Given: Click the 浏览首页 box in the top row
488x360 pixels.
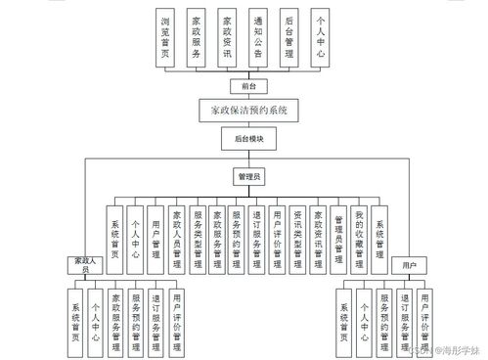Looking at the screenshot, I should click(166, 38).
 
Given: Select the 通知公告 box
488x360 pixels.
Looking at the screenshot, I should click(257, 38).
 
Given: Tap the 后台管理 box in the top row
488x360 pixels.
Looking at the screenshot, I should click(288, 38).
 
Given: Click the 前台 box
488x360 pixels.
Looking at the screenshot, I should click(248, 86).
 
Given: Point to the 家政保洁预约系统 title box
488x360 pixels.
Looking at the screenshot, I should click(248, 111).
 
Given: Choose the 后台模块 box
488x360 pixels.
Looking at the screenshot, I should click(248, 140).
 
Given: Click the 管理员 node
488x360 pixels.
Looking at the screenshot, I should click(248, 178).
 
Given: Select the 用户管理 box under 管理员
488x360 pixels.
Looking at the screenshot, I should click(155, 238).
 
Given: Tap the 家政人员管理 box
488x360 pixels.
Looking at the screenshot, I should click(177, 238).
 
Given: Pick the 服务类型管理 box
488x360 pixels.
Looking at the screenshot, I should click(199, 238).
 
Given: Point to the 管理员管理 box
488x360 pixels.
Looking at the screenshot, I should click(338, 238).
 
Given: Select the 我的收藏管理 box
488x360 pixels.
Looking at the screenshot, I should click(359, 238).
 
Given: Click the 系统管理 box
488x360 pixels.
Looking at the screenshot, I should click(379, 238).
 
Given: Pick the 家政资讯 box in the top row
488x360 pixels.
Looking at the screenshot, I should click(227, 38).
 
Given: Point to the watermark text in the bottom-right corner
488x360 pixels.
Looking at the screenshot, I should click(450, 348).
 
